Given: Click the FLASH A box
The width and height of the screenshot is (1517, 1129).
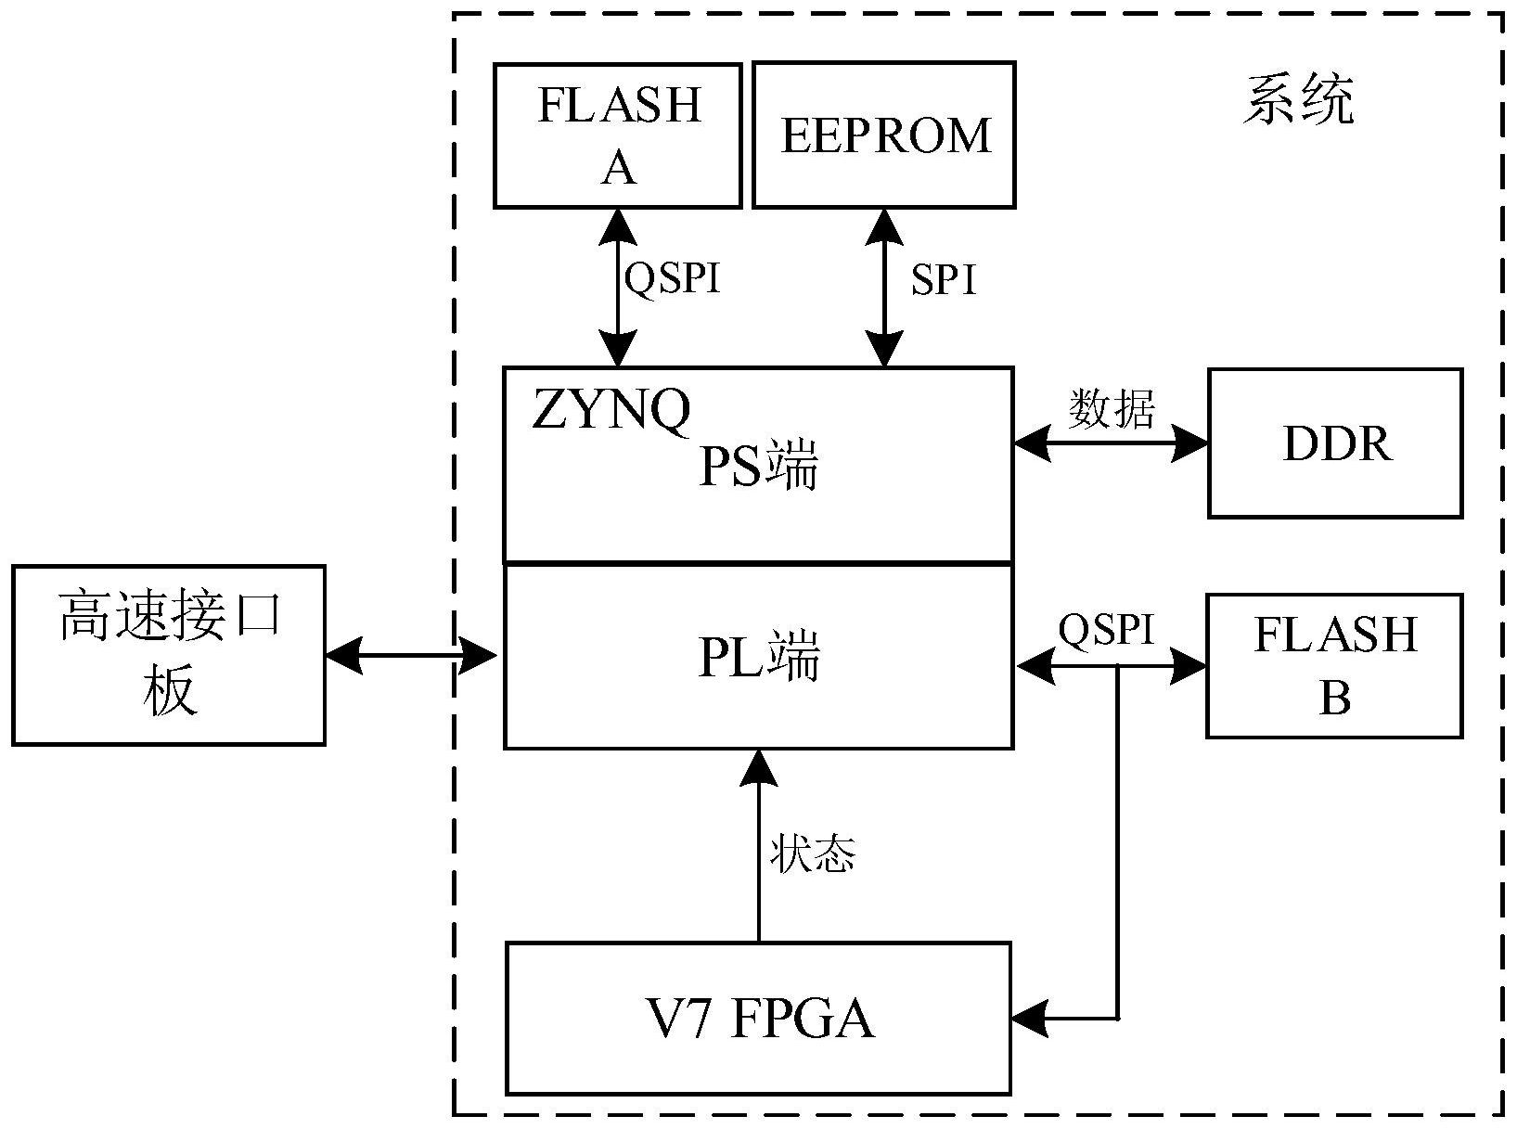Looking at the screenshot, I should click(x=617, y=135).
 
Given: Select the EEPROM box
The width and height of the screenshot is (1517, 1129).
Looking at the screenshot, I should click(x=883, y=135).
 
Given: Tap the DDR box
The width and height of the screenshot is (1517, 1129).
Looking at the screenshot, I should click(x=1335, y=443).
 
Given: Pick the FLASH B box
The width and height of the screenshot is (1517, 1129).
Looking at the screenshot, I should click(x=1334, y=666).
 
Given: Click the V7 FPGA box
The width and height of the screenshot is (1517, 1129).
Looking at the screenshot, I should click(x=758, y=1018).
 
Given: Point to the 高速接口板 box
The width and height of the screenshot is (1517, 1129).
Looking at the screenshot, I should click(x=169, y=655).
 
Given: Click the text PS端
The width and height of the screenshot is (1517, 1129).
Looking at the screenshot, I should click(x=758, y=466).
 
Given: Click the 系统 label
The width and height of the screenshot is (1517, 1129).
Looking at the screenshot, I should click(x=1298, y=99).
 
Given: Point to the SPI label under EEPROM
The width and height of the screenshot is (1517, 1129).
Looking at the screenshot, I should click(x=944, y=279).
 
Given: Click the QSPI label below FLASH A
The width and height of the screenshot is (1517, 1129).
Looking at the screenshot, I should click(x=673, y=277).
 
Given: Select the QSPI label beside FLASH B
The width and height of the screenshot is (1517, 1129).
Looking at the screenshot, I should click(x=1106, y=630).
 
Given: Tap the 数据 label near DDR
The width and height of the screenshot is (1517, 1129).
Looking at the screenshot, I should click(x=1111, y=408).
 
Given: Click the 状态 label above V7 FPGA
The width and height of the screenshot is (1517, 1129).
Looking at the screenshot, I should click(x=811, y=853).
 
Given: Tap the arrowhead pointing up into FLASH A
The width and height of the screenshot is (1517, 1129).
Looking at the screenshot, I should click(x=617, y=225).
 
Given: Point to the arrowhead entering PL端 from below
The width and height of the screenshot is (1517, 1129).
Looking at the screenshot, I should click(x=759, y=767).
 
